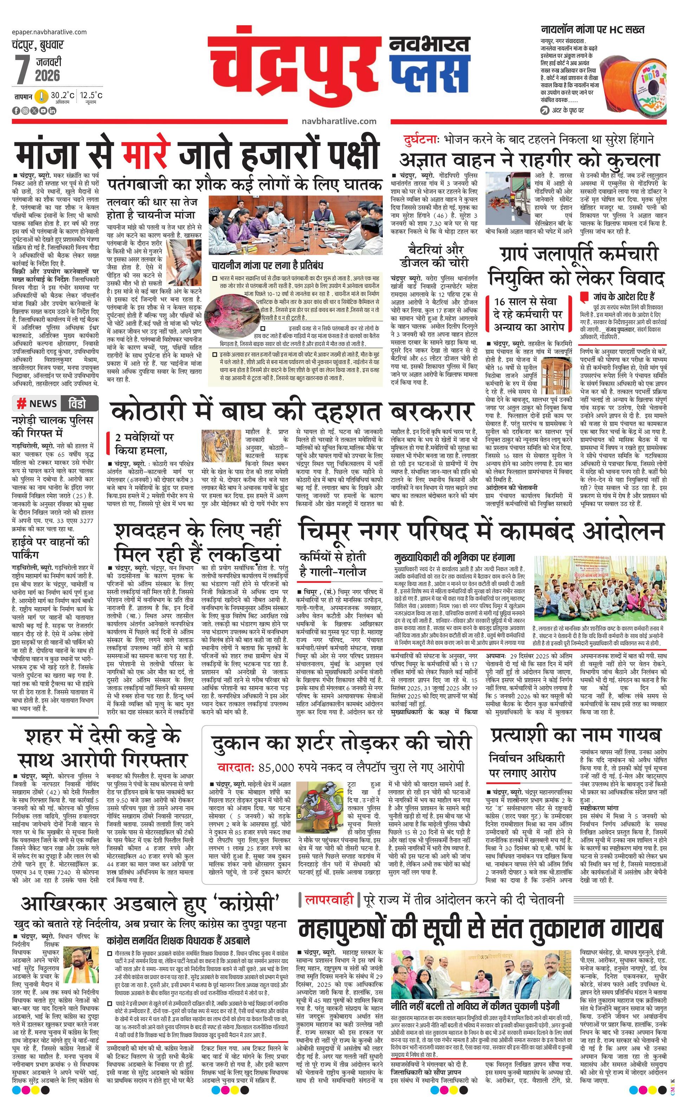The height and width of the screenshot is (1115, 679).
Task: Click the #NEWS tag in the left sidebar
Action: click(37, 403)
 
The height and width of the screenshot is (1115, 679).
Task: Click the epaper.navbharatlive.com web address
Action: click(50, 32)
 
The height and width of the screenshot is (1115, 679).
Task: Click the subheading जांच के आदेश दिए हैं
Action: click(624, 297)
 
